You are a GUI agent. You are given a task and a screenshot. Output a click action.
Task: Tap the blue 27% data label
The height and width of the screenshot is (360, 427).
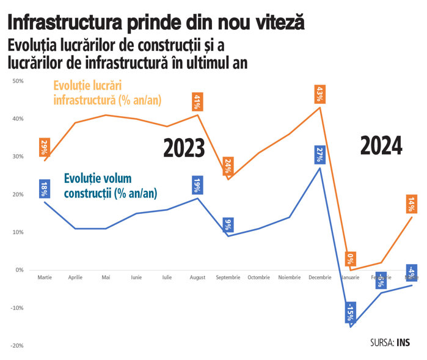[319, 155]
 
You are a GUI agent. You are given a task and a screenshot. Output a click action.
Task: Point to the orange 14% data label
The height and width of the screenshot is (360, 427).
[413, 204]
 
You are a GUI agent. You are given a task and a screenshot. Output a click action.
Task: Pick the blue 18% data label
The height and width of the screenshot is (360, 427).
[44, 188]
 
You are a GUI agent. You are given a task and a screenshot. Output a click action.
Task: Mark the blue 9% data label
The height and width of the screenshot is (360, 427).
[227, 224]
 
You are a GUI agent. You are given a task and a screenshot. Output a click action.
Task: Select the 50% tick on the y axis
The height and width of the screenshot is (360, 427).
[18, 81]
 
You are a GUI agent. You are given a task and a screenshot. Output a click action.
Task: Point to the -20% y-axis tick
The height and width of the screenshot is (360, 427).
[16, 345]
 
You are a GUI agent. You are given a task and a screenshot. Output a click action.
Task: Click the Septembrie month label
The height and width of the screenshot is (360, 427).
[228, 277]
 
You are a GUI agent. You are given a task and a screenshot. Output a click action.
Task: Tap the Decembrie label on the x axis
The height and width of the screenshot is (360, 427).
[319, 277]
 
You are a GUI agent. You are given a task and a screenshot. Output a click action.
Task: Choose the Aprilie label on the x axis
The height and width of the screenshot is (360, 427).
[75, 277]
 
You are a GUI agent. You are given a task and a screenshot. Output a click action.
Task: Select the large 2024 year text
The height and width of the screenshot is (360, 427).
[381, 145]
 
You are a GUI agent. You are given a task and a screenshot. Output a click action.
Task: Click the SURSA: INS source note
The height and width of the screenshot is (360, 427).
[390, 343]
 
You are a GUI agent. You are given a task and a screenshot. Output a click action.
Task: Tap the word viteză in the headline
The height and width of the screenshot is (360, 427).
[274, 23]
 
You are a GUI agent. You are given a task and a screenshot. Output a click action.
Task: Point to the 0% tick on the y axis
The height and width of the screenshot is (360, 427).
[19, 270]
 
